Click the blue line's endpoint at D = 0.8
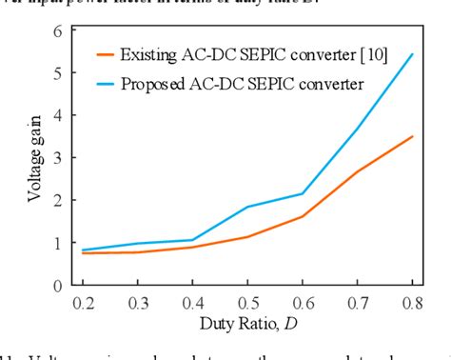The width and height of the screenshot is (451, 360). [411, 54]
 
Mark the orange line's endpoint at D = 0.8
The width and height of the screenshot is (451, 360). [411, 136]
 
